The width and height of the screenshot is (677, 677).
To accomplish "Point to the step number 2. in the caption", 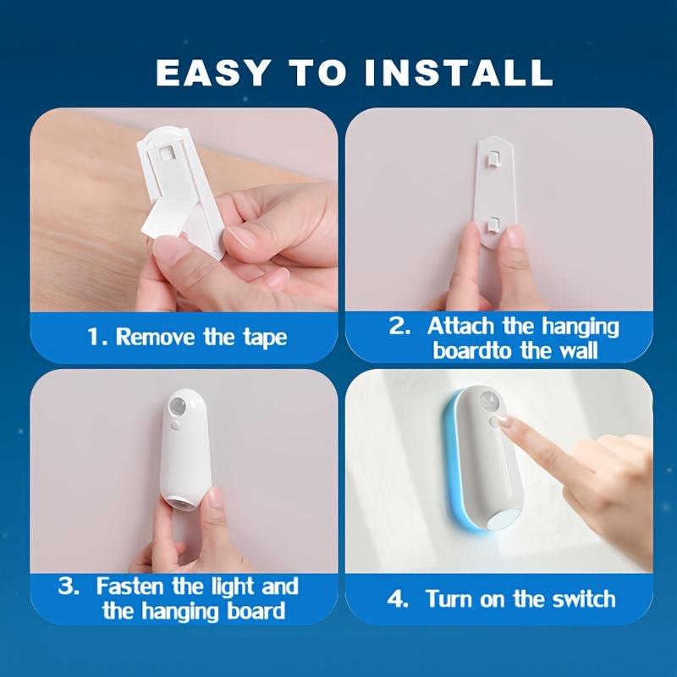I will pyautogui.click(x=399, y=327).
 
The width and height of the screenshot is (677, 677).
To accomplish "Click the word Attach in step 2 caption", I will pyautogui.click(x=460, y=326).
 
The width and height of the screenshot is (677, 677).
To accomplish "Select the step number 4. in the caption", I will pyautogui.click(x=398, y=599).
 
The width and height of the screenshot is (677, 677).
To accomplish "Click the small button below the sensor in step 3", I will pyautogui.click(x=173, y=426).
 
